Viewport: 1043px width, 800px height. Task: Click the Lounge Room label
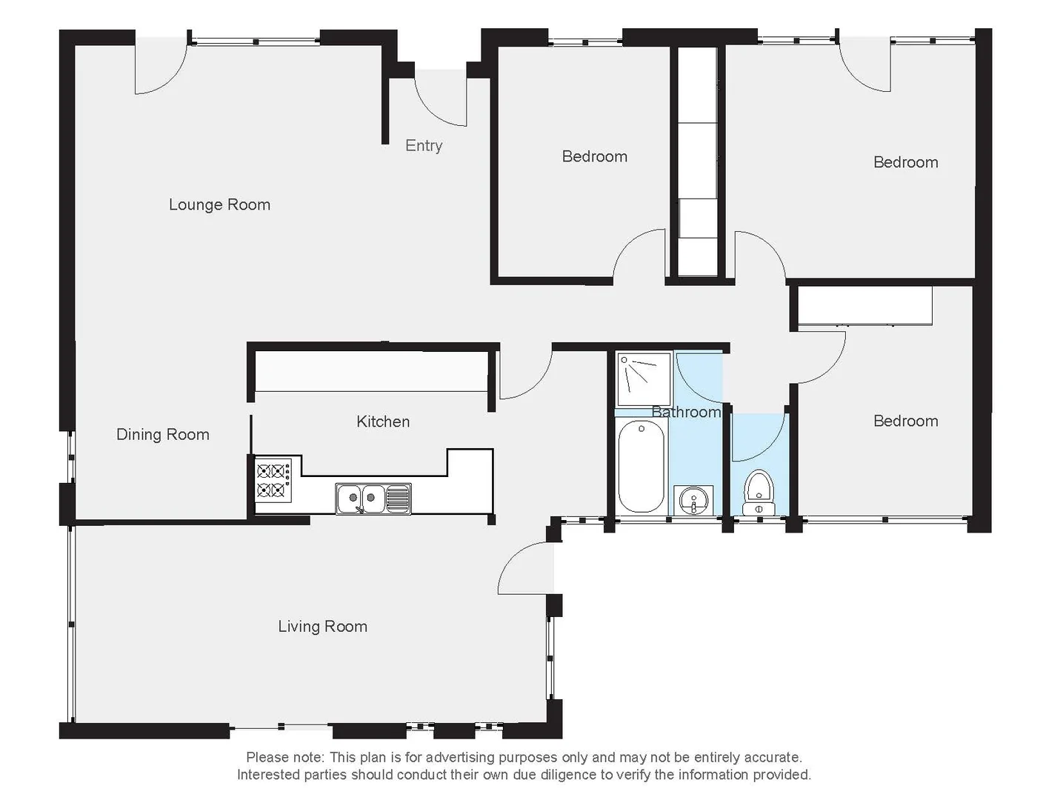coord(219,204)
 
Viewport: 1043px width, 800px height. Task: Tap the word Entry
coord(424,145)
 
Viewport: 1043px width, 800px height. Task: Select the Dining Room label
coord(162,435)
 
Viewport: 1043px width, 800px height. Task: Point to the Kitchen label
coord(383,421)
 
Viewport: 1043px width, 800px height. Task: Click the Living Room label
coord(322,627)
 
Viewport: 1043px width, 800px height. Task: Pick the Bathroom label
coord(686,412)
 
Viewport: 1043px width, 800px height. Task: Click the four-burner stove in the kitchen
coord(271,480)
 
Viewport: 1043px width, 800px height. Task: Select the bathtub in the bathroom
coord(641,466)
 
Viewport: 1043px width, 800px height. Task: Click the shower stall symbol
coord(642,379)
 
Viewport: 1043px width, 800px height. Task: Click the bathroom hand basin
coord(693,500)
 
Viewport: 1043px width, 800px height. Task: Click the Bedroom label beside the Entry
coord(594,156)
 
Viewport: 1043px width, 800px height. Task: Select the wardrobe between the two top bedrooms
coord(698,163)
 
